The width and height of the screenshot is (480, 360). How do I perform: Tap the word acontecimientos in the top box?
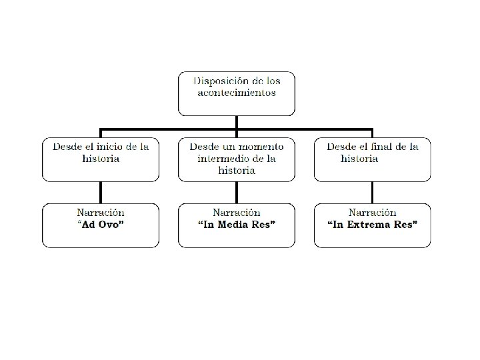(x=237, y=93)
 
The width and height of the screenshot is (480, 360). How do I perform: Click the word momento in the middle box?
(x=257, y=147)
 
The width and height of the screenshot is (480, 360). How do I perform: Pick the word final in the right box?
(x=389, y=147)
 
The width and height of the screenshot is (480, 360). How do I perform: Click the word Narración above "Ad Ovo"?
(x=101, y=213)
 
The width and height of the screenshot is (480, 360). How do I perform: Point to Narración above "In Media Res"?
(x=237, y=213)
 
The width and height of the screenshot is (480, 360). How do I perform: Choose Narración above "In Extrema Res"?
(x=372, y=213)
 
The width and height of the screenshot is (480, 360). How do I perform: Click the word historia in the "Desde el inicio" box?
(x=101, y=159)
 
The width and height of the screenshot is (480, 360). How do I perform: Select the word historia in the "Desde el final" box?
(x=359, y=159)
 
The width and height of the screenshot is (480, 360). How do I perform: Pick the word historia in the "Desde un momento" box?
(x=237, y=170)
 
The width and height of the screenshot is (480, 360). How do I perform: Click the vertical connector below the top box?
(x=237, y=122)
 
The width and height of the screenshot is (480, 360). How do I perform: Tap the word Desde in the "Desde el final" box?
(x=341, y=147)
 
